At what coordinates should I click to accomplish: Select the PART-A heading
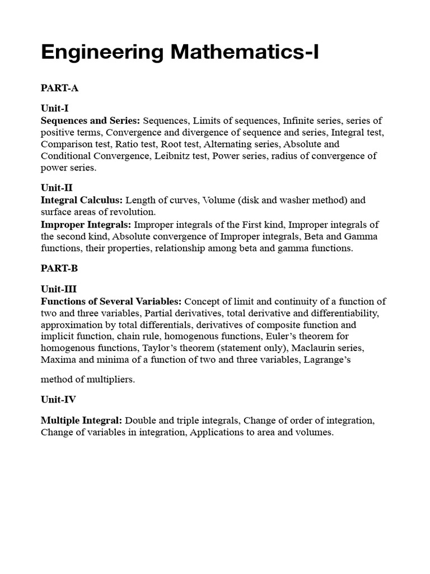(59, 88)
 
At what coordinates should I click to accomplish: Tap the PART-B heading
(59, 268)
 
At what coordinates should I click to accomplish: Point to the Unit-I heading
(54, 108)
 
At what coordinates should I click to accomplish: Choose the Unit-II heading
(57, 188)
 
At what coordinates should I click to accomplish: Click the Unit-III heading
(59, 289)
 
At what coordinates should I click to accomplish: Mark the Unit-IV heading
(58, 400)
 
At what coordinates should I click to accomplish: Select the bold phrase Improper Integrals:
(85, 225)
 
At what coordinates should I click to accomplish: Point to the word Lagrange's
(327, 360)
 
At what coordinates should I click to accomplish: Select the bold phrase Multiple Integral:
(81, 420)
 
